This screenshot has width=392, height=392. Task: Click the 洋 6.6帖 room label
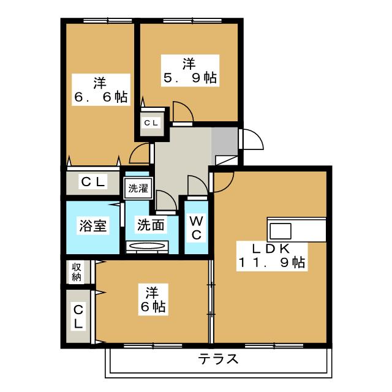(x=100, y=90)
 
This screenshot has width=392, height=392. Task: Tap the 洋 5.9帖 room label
(x=190, y=70)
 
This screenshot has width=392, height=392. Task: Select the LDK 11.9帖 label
(x=272, y=256)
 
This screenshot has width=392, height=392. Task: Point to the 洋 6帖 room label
(x=153, y=300)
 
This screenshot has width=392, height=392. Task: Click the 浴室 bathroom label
(x=93, y=225)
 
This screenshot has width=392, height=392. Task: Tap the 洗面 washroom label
(x=151, y=225)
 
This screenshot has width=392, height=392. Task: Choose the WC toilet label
(x=196, y=228)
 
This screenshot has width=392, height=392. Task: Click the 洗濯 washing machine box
(x=138, y=188)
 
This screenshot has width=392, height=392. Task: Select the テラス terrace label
(x=218, y=360)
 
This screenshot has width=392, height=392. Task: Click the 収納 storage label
(x=77, y=272)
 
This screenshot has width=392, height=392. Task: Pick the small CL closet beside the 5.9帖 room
(x=152, y=123)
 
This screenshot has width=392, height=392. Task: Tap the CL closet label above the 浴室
(x=93, y=181)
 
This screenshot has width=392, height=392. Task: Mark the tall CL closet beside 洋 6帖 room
(x=78, y=316)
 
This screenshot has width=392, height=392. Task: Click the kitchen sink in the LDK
(x=281, y=232)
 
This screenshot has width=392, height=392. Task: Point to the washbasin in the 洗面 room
(x=147, y=246)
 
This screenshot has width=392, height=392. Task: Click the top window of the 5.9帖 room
(x=192, y=20)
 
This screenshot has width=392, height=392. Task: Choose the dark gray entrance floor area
(x=225, y=141)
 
